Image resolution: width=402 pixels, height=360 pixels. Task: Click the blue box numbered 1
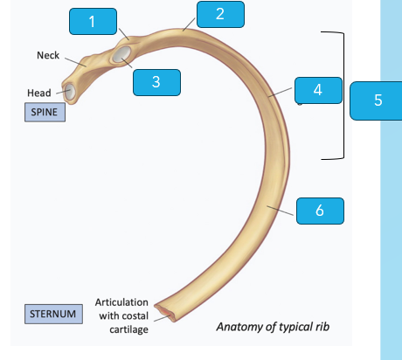pos(93,22)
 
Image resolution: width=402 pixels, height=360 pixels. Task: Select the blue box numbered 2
pos(220,14)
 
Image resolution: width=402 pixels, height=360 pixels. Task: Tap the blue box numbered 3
pos(156,82)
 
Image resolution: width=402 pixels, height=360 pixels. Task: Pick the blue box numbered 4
pos(318,90)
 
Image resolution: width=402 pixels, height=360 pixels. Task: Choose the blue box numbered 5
pos(377,100)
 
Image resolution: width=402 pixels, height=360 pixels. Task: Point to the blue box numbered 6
pos(320,211)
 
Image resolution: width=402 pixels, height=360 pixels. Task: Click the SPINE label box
pos(45,112)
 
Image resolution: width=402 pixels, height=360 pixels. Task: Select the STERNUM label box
pos(53,314)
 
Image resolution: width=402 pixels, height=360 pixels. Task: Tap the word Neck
pos(48,55)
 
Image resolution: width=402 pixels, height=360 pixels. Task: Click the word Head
pos(39,93)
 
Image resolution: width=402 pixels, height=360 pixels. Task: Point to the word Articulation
pos(121,302)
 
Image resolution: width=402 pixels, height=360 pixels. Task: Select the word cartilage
pos(128,329)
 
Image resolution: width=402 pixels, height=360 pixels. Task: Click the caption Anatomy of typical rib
pos(273,327)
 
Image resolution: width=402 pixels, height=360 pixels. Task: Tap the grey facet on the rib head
pos(70,92)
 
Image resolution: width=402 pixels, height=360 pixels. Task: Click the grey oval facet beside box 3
pos(121,54)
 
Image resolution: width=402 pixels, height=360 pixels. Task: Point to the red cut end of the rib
pos(165,313)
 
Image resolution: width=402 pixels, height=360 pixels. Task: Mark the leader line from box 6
pos(281,211)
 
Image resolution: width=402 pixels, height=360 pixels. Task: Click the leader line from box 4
pos(280,92)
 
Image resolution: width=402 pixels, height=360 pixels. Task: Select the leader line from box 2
pos(189,24)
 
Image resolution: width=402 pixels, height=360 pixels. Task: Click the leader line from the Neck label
pos(75,62)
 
